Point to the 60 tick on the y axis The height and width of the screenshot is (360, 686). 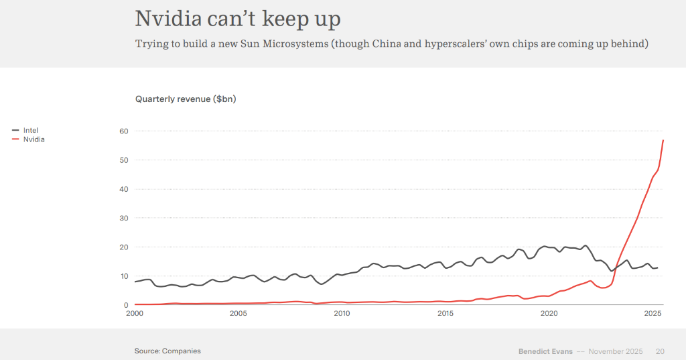tap(124, 131)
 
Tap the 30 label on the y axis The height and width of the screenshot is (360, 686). tap(124, 218)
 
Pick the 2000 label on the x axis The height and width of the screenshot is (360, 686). tap(135, 314)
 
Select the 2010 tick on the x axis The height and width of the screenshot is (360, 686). tap(342, 314)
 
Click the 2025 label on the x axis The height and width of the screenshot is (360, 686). tap(653, 314)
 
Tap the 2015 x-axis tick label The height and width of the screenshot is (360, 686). tap(445, 314)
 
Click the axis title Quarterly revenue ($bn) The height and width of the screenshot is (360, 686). tap(186, 99)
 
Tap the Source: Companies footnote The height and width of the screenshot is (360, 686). tap(167, 351)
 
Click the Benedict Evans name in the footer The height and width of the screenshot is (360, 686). tap(545, 351)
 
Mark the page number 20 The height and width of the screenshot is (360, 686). tap(660, 351)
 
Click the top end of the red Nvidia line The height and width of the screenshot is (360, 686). tap(663, 140)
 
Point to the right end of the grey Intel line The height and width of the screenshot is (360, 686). tap(658, 267)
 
